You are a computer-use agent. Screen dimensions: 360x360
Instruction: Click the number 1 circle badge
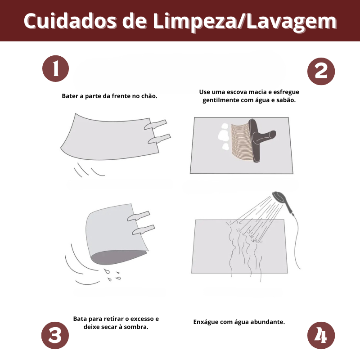(55, 68)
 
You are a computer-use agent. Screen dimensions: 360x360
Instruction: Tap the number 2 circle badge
(321, 72)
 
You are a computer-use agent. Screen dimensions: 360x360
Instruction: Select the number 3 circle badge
(55, 335)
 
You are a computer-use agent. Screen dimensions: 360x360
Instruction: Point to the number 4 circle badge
(321, 335)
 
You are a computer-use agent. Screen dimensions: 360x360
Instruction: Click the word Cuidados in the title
(70, 21)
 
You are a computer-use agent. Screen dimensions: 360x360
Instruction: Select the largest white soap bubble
(223, 135)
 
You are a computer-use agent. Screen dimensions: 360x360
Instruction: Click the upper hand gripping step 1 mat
(155, 125)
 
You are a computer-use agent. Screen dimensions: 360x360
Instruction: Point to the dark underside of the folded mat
(117, 256)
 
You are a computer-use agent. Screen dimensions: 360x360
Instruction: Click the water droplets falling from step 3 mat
(112, 275)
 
